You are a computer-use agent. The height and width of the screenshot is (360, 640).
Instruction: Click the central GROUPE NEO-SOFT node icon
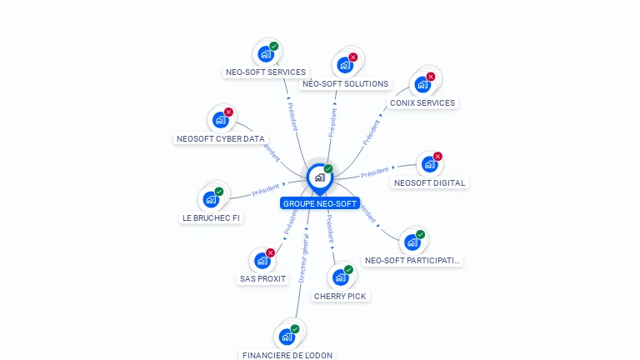(x=319, y=177)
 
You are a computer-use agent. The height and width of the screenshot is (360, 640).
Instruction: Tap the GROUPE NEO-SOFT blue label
(x=320, y=203)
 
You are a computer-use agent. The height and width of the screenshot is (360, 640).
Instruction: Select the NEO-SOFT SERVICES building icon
(x=266, y=54)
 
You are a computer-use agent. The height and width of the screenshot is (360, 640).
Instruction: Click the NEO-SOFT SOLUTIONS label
(x=345, y=83)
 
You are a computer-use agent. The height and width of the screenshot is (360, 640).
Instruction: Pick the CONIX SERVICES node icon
(x=422, y=84)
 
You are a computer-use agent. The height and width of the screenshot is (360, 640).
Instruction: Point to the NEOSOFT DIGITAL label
(x=430, y=182)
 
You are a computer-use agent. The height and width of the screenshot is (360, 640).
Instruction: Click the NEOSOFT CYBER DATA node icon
(x=220, y=120)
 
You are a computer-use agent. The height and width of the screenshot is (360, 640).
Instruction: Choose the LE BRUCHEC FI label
(x=211, y=217)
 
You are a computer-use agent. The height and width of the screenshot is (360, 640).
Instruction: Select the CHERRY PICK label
(x=340, y=296)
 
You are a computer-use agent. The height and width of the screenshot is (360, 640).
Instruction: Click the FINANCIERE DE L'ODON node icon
(x=287, y=337)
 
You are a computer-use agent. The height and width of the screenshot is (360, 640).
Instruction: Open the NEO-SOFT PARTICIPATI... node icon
(x=412, y=242)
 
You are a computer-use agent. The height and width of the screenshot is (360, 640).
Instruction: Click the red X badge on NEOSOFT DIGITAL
(x=437, y=156)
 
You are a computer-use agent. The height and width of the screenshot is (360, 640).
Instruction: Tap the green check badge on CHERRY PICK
(x=348, y=269)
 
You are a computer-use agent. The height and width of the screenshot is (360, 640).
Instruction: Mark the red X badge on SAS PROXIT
(x=270, y=252)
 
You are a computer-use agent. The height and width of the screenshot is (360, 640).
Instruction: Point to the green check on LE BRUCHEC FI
(x=219, y=192)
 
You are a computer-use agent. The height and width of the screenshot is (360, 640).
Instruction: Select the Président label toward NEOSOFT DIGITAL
(x=375, y=172)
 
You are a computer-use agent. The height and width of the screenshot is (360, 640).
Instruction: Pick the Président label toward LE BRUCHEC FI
(x=266, y=191)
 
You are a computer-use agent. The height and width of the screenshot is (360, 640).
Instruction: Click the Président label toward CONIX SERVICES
(x=371, y=132)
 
